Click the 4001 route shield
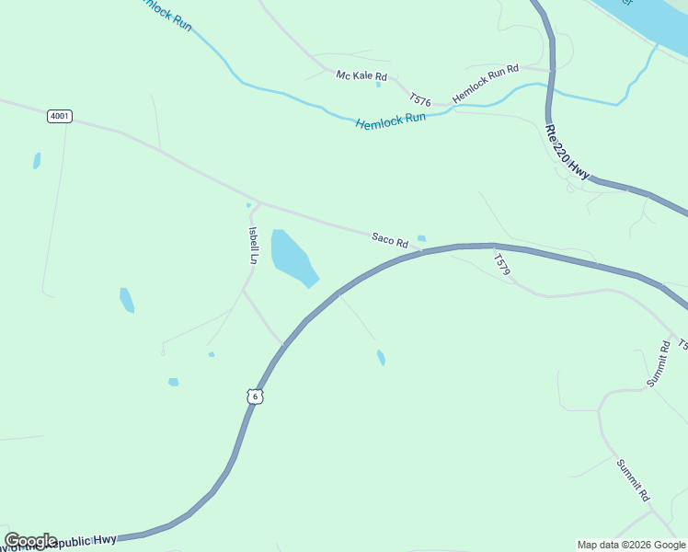tap(60, 116)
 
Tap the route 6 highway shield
tap(255, 396)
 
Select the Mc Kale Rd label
tap(361, 75)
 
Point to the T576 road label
tap(420, 99)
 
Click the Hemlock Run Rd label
tap(486, 84)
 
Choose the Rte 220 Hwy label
tap(567, 152)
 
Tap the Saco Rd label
tap(390, 240)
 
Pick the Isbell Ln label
tap(252, 246)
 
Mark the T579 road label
tap(501, 264)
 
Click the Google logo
tap(30, 541)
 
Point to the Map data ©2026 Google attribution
tap(632, 545)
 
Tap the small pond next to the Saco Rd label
tap(421, 238)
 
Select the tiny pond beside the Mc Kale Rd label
tap(378, 85)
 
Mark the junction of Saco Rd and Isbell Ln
tap(259, 203)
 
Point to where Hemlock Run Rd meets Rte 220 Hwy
tap(552, 70)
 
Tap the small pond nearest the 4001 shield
tap(37, 160)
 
